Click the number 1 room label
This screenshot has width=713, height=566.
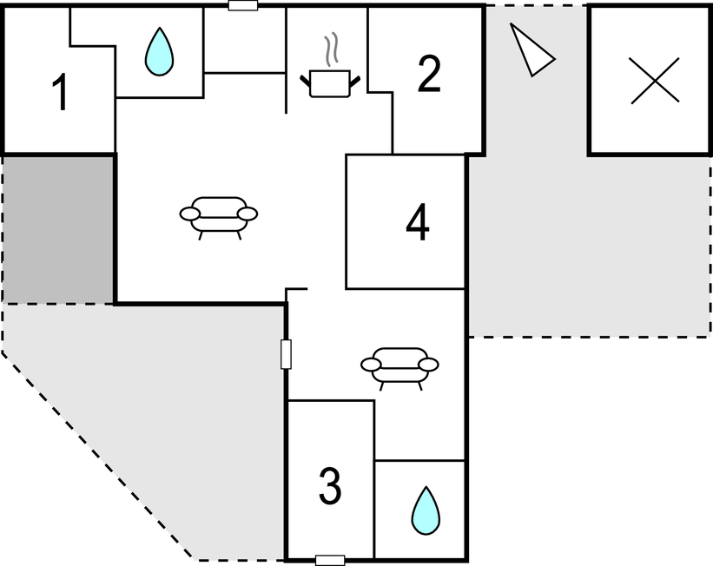60,94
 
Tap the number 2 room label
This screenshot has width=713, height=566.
428,76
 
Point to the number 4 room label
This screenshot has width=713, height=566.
418,224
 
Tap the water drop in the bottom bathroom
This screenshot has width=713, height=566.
425,510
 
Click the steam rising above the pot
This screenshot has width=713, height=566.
330,50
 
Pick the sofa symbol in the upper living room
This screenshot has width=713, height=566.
218,214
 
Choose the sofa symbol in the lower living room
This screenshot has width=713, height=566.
399,365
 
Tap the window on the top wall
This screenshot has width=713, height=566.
243,5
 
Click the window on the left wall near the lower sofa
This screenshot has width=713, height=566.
286,354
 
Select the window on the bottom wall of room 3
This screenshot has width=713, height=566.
330,560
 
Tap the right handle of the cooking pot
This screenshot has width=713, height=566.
353,82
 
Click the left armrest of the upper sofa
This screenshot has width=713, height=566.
189,214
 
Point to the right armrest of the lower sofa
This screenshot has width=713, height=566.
429,364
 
